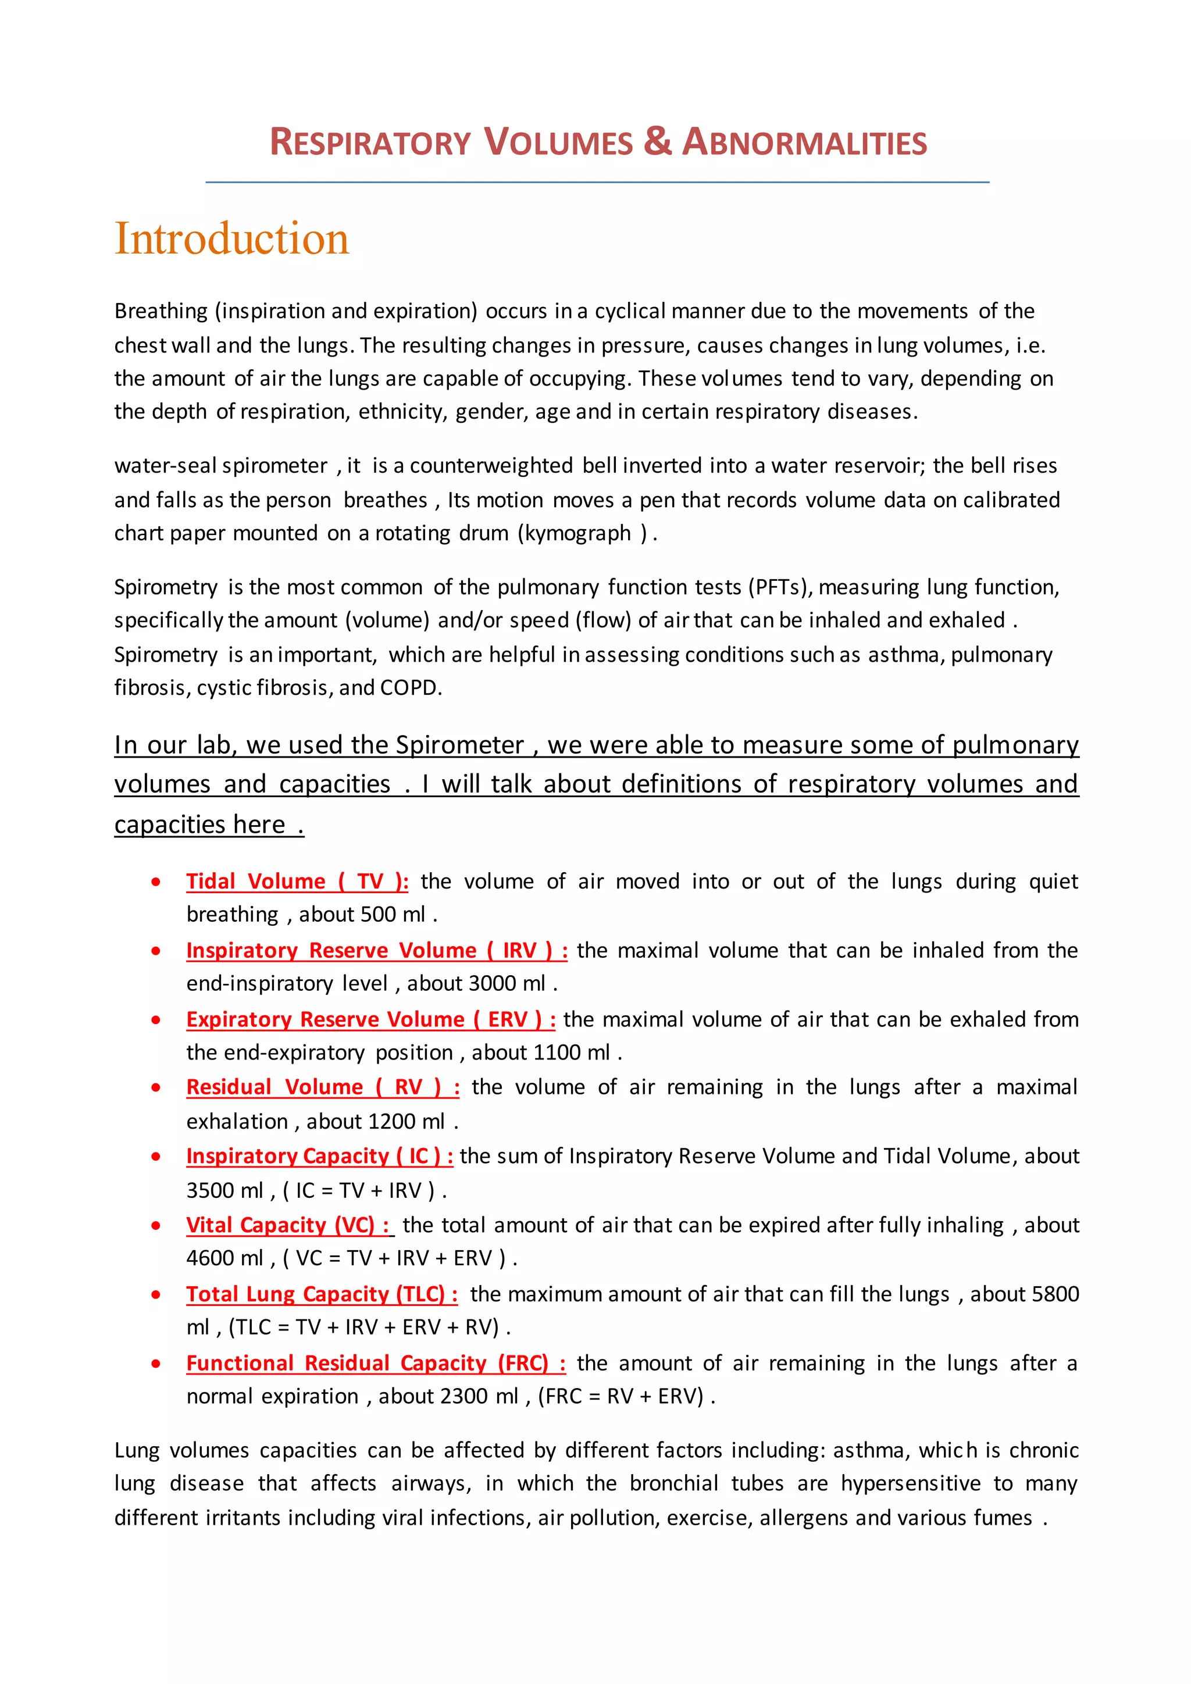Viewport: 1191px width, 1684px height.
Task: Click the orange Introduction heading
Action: click(x=232, y=238)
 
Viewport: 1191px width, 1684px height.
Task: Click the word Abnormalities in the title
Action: click(x=804, y=142)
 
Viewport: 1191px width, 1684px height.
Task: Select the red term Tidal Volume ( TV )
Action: click(x=296, y=881)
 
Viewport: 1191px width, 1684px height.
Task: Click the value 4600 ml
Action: click(x=224, y=1258)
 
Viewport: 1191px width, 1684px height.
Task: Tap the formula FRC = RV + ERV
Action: click(x=621, y=1397)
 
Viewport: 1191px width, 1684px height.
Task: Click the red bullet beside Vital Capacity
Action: click(x=155, y=1226)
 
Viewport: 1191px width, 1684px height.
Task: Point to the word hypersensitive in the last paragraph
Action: click(x=910, y=1484)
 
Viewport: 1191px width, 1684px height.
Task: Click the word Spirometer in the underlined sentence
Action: click(x=460, y=745)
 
